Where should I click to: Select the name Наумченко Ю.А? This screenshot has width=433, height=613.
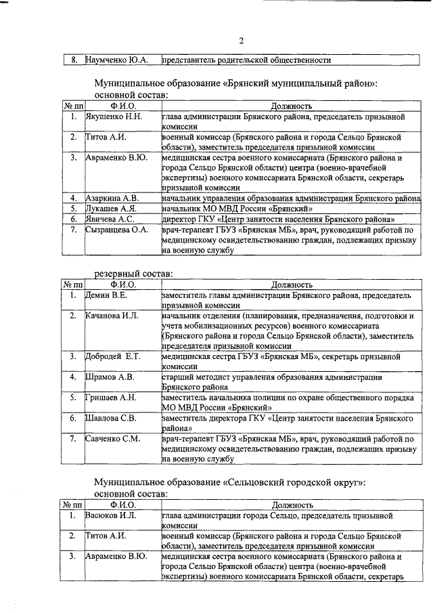click(118, 60)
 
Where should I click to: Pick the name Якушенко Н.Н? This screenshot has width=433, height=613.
click(114, 117)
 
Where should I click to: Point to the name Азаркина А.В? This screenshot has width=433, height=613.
click(112, 198)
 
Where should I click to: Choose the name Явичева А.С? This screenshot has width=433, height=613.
click(110, 219)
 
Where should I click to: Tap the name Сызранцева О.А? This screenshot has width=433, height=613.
click(116, 230)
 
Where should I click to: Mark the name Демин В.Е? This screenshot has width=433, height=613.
click(106, 295)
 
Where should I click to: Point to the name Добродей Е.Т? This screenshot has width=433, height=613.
click(112, 356)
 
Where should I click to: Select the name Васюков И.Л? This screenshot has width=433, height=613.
click(111, 516)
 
